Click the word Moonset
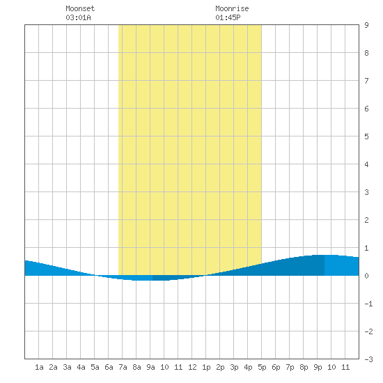point(80,8)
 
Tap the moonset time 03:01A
point(78,17)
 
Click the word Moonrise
point(232,8)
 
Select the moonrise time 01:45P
point(228,17)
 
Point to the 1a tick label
point(39,367)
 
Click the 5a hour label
point(95,367)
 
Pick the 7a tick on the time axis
point(123,367)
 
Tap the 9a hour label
point(150,367)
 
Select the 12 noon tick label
point(192,367)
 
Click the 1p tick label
point(206,367)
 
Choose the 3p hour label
point(234,367)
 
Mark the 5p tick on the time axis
point(262,367)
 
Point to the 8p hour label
point(304,367)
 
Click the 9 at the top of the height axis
point(366,25)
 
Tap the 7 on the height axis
point(366,81)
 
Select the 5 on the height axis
point(366,136)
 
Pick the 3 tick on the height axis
point(366,192)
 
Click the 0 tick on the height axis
point(366,276)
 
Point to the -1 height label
point(368,304)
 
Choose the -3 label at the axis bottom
point(368,359)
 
